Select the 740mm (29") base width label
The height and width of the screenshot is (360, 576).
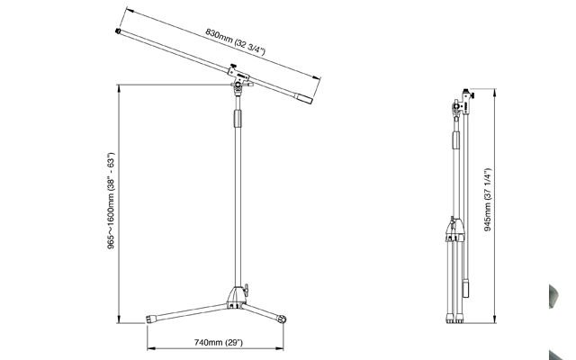click(x=219, y=342)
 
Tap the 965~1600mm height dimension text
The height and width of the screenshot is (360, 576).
click(x=111, y=201)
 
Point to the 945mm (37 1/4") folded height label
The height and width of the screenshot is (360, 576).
click(x=488, y=200)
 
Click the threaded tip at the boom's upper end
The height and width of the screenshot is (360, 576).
click(x=118, y=31)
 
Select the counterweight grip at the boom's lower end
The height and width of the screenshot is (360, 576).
click(x=304, y=99)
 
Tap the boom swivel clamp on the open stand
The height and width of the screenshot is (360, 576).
click(x=239, y=78)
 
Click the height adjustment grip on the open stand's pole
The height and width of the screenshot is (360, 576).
click(x=238, y=118)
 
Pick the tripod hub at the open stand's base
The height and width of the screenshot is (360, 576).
click(x=235, y=297)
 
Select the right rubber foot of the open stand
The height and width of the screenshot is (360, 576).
click(x=282, y=319)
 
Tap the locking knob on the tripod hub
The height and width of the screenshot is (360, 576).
click(x=246, y=288)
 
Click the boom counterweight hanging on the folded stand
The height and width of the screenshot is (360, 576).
click(x=466, y=288)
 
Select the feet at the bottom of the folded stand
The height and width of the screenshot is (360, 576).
click(x=454, y=319)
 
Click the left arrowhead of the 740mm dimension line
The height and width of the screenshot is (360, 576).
click(x=151, y=348)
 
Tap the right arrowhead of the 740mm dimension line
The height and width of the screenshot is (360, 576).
click(x=279, y=348)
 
